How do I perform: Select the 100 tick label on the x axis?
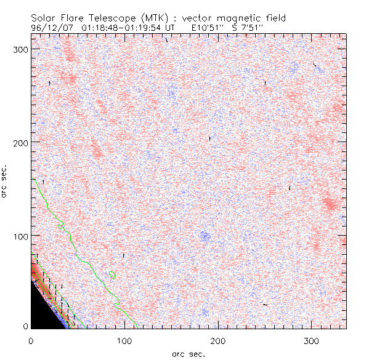click(124, 340)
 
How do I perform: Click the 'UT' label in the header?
click(171, 28)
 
